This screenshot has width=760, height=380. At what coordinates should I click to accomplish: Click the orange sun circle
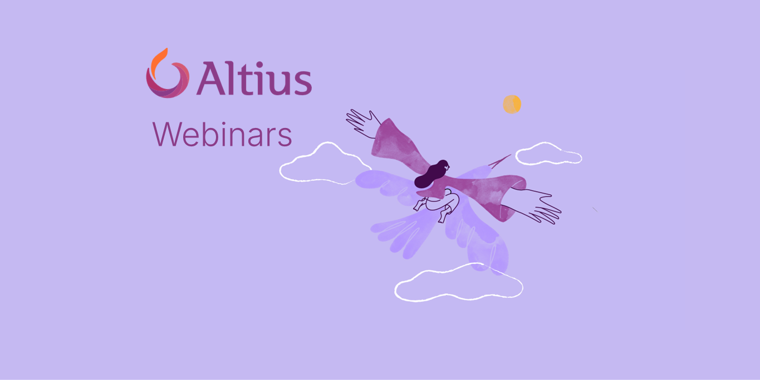click(512, 104)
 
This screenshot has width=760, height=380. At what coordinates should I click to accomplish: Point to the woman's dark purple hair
click(432, 174)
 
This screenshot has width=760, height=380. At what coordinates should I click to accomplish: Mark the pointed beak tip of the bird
click(509, 155)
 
